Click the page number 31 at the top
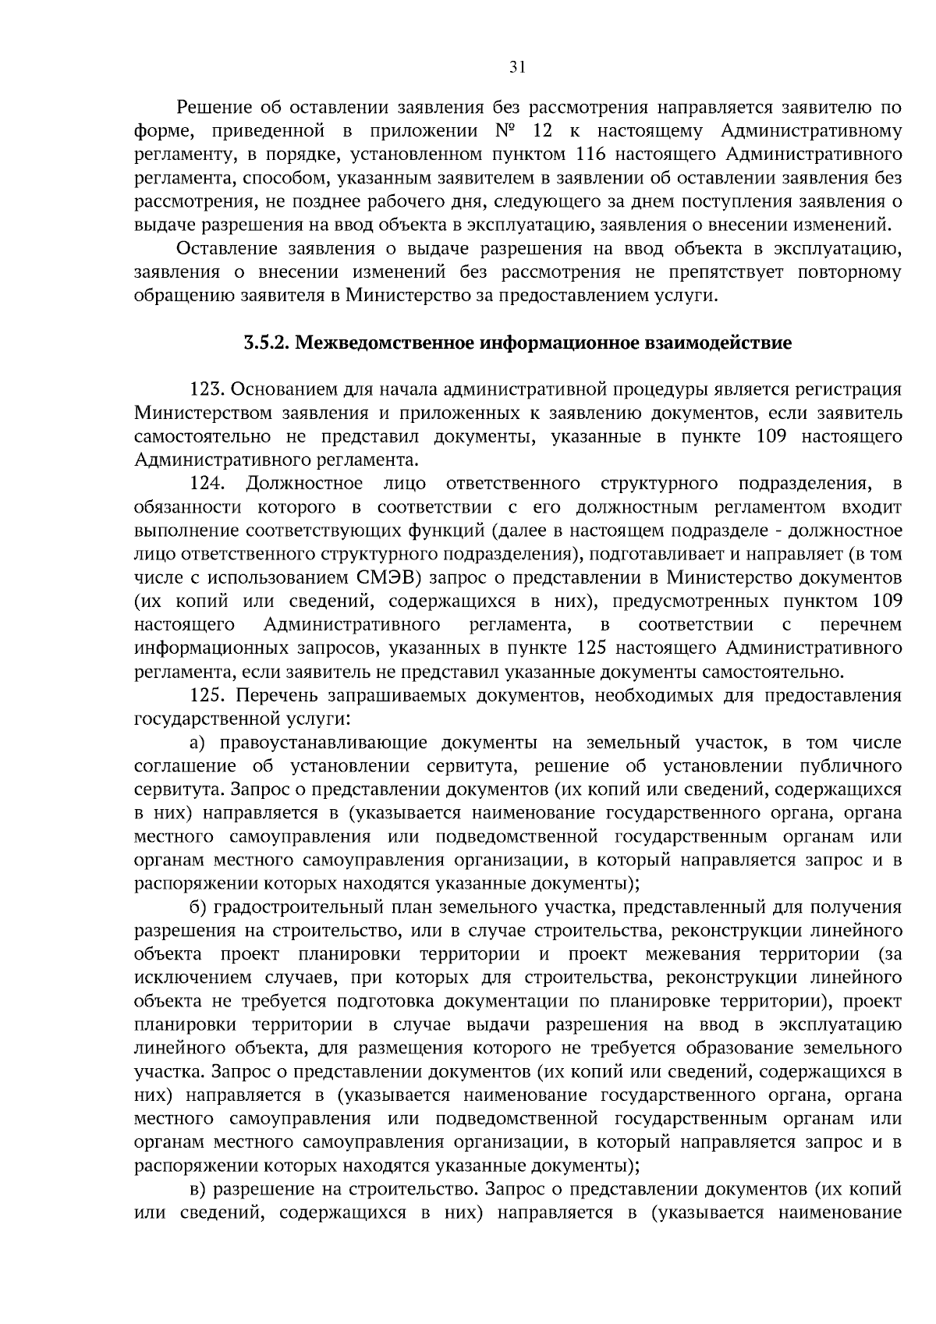pos(517,67)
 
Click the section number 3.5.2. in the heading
pos(265,343)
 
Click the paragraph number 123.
pos(207,389)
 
